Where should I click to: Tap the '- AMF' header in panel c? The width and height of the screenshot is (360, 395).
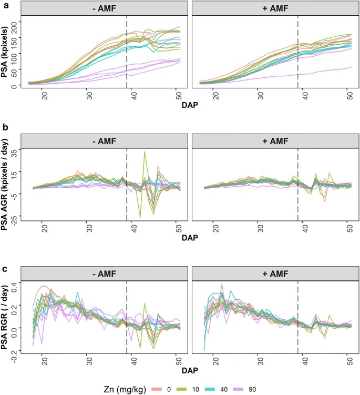(104, 273)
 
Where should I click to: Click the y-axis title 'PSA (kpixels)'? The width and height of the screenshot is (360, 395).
(7, 53)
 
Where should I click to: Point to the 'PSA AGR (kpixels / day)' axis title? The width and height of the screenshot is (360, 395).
(7, 184)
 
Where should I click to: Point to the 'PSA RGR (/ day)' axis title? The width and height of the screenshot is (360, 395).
(7, 316)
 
